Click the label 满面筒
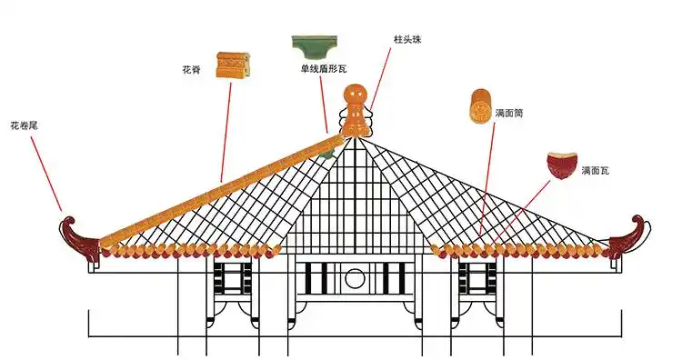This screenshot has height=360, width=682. (x=509, y=115)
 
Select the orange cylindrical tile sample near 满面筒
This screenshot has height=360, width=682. (x=478, y=107)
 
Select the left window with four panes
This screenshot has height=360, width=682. (x=234, y=277)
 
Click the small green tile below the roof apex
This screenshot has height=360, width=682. (x=326, y=155)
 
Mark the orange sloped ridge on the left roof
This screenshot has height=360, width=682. (x=218, y=186)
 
